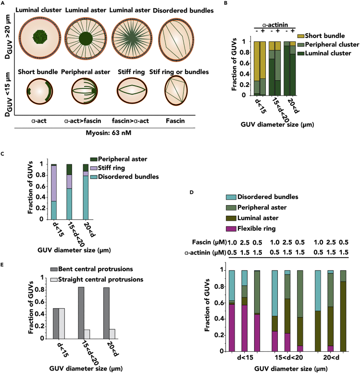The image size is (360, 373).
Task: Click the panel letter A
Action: click(3, 3)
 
